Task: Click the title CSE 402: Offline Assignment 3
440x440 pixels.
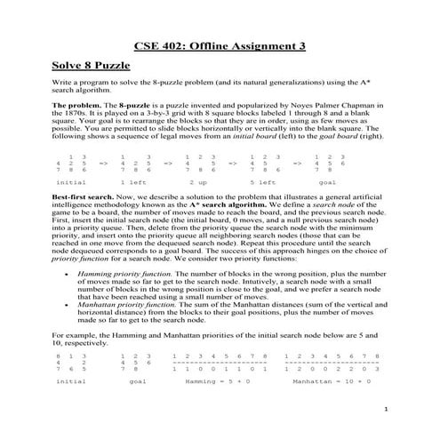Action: pyautogui.click(x=219, y=44)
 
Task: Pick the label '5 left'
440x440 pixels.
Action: pyautogui.click(x=260, y=180)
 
